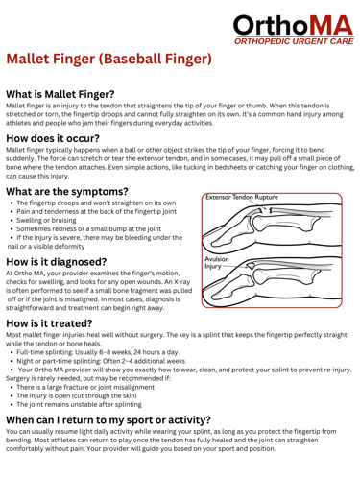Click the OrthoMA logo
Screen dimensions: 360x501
click(294, 30)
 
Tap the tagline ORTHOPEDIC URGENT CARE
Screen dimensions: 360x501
click(294, 41)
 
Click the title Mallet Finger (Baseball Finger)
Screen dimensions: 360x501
click(108, 59)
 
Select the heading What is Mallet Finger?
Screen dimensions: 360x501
click(60, 94)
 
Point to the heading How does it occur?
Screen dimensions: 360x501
click(53, 138)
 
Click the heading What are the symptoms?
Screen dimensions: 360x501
click(67, 191)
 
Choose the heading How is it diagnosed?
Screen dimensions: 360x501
click(57, 262)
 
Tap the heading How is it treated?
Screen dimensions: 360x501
click(49, 323)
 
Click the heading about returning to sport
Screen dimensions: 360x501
click(108, 419)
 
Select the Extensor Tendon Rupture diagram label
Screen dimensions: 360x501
click(242, 197)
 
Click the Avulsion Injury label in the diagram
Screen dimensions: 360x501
click(217, 263)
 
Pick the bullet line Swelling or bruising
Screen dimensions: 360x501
click(46, 220)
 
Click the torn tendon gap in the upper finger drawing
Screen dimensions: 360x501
click(267, 210)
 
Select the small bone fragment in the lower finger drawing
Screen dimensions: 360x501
click(251, 265)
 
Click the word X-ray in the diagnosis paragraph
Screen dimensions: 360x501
click(182, 282)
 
